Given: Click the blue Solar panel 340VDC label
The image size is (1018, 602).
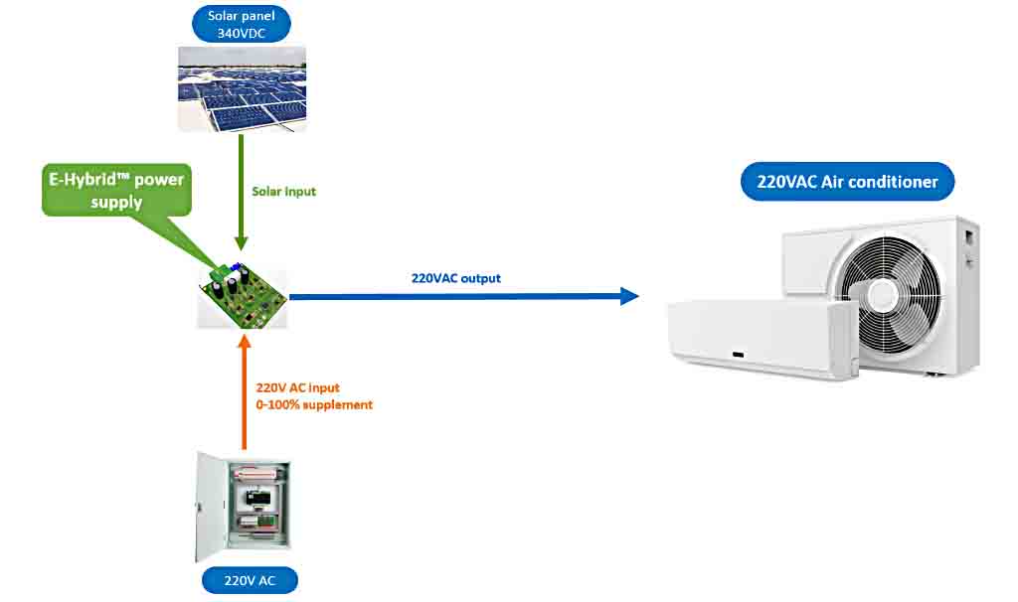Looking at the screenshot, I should pyautogui.click(x=242, y=24).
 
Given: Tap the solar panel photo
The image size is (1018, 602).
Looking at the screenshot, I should pyautogui.click(x=243, y=89).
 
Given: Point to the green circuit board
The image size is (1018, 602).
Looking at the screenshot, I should pyautogui.click(x=243, y=294).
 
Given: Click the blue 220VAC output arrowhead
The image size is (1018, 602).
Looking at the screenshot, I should pyautogui.click(x=628, y=295).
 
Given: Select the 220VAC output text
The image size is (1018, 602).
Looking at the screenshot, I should pyautogui.click(x=455, y=278).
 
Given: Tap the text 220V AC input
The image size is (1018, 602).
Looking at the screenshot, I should pyautogui.click(x=298, y=387).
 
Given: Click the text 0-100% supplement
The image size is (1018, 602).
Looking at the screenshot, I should pyautogui.click(x=314, y=405).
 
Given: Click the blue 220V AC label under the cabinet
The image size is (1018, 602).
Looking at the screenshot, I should pyautogui.click(x=250, y=581).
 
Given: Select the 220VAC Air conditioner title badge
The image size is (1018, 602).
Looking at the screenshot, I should pyautogui.click(x=848, y=182).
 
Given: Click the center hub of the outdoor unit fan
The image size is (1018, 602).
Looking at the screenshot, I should pyautogui.click(x=881, y=296).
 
